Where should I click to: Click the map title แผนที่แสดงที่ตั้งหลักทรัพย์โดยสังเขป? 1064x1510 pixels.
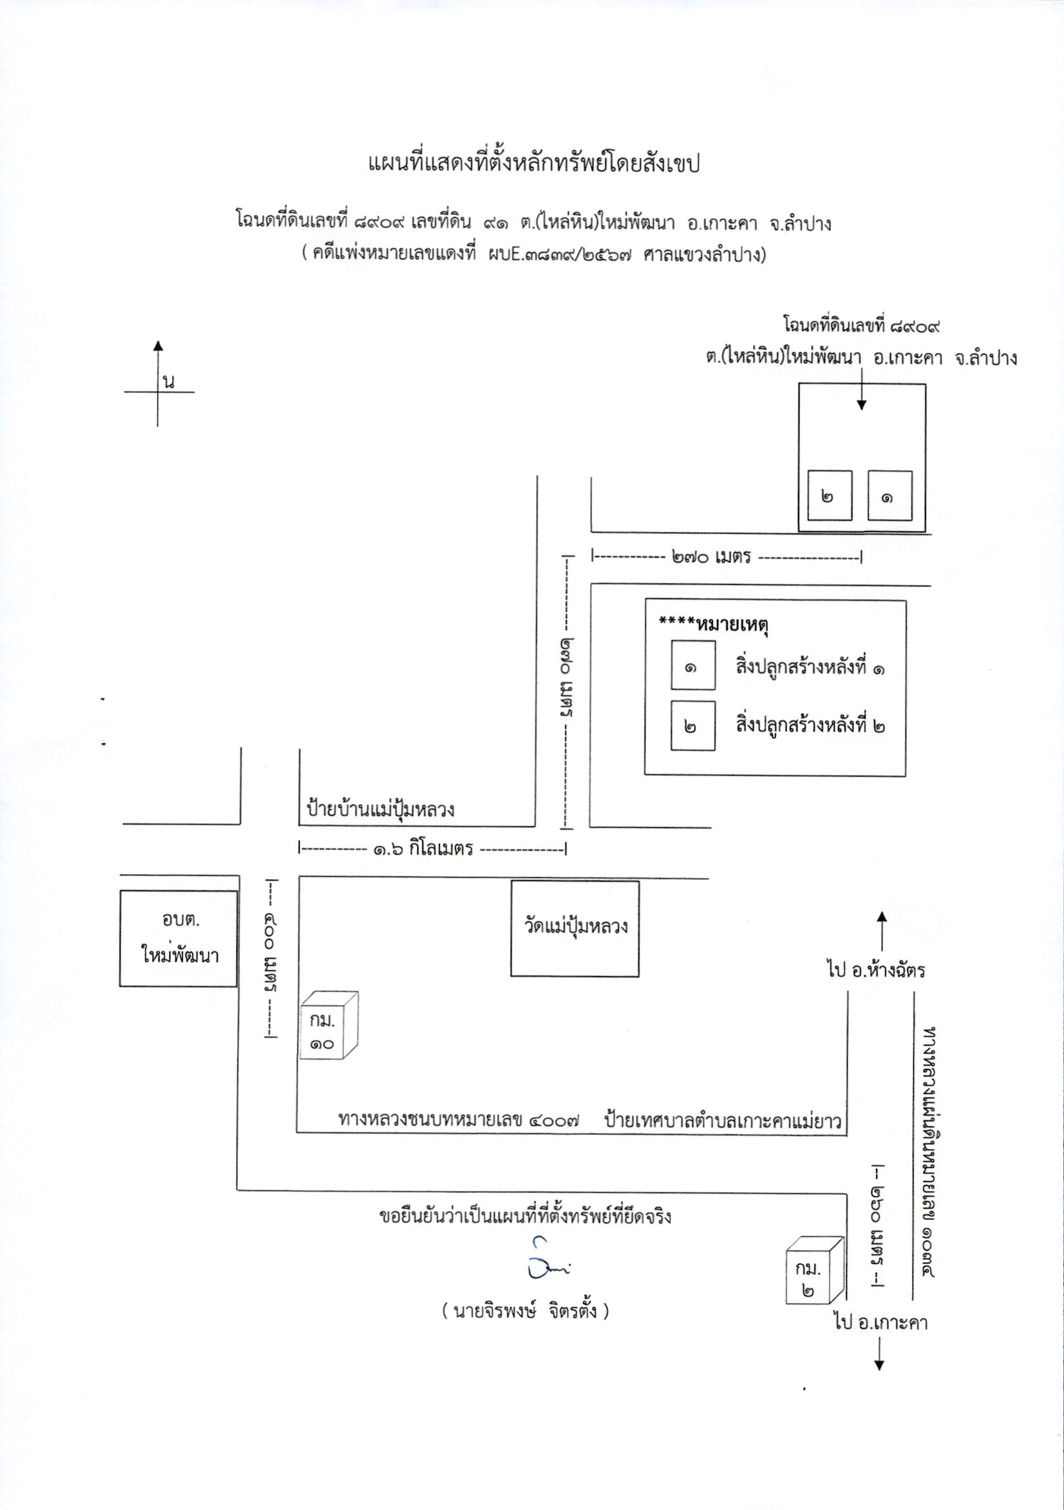pyautogui.click(x=533, y=162)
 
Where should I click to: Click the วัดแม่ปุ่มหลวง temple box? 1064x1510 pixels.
pyautogui.click(x=575, y=928)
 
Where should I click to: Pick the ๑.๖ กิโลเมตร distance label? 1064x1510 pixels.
pyautogui.click(x=424, y=848)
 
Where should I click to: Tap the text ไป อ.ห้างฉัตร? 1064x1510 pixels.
pyautogui.click(x=876, y=970)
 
